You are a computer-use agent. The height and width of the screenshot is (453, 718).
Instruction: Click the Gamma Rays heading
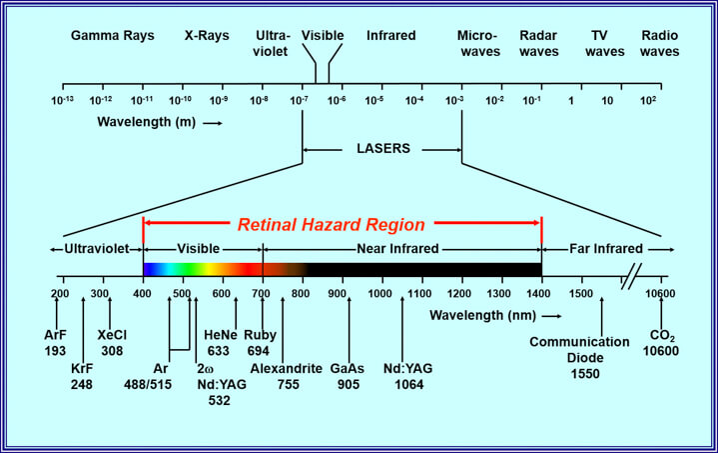[x=112, y=35]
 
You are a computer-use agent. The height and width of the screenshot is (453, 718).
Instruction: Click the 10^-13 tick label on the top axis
[x=63, y=100]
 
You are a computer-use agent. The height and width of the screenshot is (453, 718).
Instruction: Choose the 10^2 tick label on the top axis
[x=648, y=100]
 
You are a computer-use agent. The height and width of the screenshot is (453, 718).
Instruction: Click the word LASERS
[x=382, y=150]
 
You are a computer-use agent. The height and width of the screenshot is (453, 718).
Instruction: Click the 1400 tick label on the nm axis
[x=540, y=294]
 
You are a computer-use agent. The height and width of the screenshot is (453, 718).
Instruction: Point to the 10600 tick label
[x=659, y=294]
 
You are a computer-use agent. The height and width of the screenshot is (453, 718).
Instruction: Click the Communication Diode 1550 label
[x=579, y=356]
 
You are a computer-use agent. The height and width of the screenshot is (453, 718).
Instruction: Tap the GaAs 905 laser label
[x=349, y=375]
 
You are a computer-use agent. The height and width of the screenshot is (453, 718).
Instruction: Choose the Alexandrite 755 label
[x=286, y=375]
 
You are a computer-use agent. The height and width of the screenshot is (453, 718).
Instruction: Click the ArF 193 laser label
[x=56, y=343]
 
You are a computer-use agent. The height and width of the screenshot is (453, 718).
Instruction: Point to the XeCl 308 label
[x=111, y=343]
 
